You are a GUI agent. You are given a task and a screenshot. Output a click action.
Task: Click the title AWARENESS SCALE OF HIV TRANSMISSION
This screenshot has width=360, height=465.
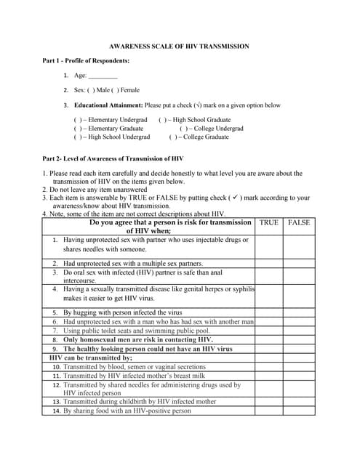coord(179,46)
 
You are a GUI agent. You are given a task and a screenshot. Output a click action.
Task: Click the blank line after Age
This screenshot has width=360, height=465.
coord(103,76)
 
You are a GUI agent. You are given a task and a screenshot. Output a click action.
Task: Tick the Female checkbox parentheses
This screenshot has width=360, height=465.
coord(114,90)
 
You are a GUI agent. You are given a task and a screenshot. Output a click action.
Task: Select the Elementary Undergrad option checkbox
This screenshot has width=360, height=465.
coord(77,119)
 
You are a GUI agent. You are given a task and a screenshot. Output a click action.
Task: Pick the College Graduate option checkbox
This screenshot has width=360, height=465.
coord(173,137)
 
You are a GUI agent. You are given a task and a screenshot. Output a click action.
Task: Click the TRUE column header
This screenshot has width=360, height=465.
coord(268,222)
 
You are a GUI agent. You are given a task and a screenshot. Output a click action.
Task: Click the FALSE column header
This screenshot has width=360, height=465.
coord(298,222)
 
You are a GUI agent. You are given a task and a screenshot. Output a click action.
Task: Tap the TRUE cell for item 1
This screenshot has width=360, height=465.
coord(268,245)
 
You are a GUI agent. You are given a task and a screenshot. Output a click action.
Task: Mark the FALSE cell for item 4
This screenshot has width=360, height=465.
coord(298,294)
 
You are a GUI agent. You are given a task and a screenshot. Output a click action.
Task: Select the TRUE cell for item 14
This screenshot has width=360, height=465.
coord(268,411)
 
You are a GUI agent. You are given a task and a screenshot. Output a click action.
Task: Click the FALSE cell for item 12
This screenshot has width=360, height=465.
coord(298,389)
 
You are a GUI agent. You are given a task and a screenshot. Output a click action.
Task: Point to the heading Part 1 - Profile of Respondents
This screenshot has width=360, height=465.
coord(86,60)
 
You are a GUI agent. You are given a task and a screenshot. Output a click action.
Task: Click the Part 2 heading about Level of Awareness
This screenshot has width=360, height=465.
coord(113,158)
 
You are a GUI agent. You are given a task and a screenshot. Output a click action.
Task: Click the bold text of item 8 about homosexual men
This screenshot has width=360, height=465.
coord(137,339)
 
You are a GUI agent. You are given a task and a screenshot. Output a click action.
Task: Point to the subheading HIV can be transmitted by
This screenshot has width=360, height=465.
coord(91,357)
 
